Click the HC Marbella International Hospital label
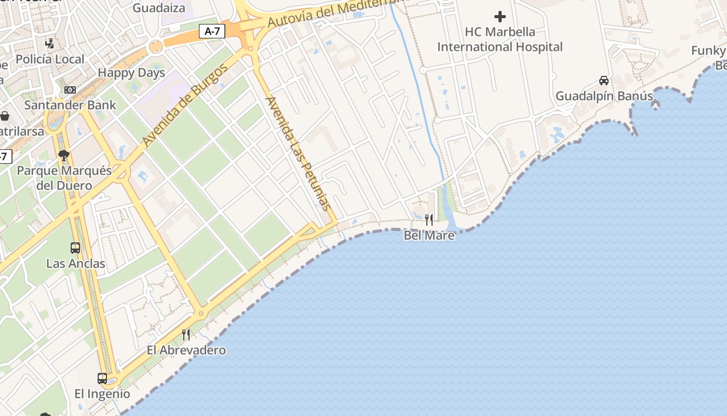500,40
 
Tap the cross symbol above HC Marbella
500,17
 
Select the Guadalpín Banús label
604,96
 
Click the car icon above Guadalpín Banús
604,81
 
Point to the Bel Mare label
429,236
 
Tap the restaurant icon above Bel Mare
429,220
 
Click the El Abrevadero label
186,350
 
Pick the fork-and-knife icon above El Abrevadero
186,334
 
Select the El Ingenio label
102,394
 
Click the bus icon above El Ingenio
102,378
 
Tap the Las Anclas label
76,264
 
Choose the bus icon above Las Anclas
75,248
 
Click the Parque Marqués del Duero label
64,178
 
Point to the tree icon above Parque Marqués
64,155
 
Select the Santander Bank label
70,105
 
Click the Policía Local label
50,59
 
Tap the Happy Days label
131,73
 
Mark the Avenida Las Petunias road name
298,153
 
